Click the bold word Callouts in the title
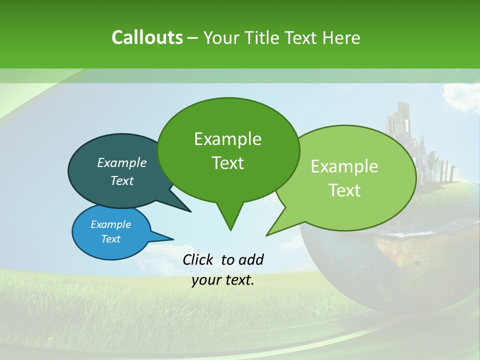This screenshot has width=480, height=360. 147,37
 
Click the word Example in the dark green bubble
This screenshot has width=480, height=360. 227,139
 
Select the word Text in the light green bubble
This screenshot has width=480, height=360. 345,190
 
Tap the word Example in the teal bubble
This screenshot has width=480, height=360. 122,162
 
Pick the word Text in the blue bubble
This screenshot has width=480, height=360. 111,239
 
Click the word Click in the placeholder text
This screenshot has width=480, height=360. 198,259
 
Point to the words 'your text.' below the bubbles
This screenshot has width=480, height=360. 223,280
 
